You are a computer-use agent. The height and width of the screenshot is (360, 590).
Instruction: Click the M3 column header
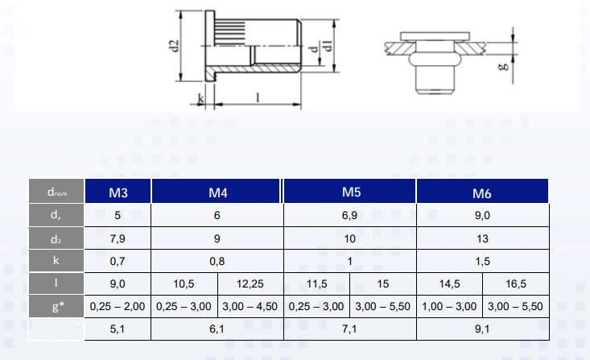click(x=118, y=192)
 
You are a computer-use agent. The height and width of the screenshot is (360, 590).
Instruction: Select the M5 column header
click(x=350, y=192)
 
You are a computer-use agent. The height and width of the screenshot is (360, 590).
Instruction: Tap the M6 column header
click(x=482, y=192)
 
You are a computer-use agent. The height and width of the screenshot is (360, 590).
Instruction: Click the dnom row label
click(x=56, y=192)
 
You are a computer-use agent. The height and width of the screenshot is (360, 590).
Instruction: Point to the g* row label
click(x=56, y=306)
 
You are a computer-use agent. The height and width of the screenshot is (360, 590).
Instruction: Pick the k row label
click(x=56, y=261)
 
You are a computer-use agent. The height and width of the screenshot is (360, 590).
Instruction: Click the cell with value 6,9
click(x=350, y=215)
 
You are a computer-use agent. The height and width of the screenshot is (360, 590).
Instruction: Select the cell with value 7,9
click(x=118, y=238)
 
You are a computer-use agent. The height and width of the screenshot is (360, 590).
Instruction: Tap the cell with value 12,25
click(x=250, y=283)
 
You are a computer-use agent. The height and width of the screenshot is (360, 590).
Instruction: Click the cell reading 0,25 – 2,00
click(x=118, y=306)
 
